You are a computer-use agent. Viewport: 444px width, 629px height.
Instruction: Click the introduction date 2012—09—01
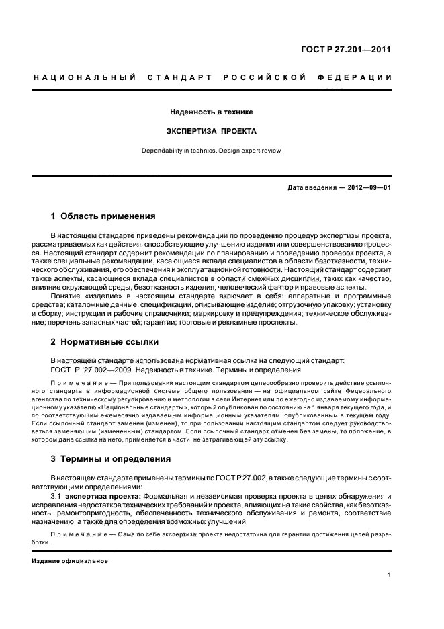pos(363,188)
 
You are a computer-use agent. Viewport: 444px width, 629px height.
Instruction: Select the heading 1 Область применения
pos(103,216)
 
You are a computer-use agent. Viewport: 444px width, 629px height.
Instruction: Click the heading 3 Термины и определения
pos(110,459)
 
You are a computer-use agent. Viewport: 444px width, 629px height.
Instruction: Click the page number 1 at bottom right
pos(389,575)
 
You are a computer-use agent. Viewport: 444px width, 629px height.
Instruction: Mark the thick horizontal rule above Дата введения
pos(212,176)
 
